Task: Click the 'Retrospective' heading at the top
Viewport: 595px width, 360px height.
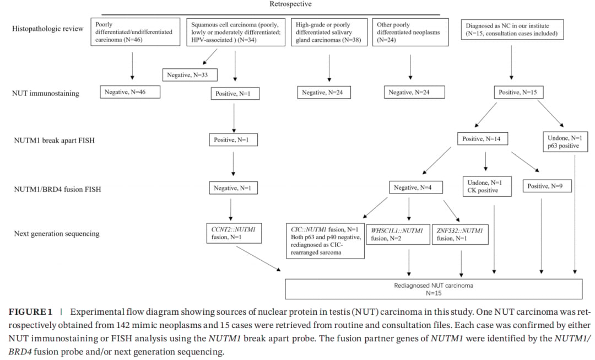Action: pos(290,4)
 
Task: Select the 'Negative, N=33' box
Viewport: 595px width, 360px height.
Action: pos(190,75)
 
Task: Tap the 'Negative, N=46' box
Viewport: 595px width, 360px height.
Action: pos(130,92)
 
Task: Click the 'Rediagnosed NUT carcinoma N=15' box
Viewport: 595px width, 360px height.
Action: pos(434,289)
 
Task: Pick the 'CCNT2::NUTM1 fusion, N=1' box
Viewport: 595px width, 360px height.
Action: pos(234,233)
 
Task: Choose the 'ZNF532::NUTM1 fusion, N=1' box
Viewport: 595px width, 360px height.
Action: pos(460,234)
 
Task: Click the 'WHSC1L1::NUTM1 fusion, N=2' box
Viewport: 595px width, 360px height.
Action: pos(398,234)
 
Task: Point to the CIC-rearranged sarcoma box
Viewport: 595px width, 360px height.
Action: pos(325,241)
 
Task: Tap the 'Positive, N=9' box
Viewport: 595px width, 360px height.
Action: pos(547,186)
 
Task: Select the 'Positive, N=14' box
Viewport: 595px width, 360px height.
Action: pos(482,138)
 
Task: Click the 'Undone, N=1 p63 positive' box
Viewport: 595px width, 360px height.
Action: pos(565,142)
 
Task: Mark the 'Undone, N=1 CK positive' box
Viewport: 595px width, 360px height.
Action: pos(487,186)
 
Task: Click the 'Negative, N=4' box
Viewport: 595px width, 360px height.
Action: pos(415,187)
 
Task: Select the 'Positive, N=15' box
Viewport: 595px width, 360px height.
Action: pos(518,92)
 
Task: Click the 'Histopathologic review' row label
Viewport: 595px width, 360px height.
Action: pos(47,29)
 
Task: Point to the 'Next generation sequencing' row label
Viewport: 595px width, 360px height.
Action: pos(57,234)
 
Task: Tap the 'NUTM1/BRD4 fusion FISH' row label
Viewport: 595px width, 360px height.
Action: pos(58,189)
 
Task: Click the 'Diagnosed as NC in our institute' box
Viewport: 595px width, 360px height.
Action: pos(512,30)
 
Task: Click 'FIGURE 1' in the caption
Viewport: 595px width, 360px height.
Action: pos(30,312)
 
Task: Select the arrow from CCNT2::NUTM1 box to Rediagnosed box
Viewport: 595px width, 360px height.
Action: pos(258,258)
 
